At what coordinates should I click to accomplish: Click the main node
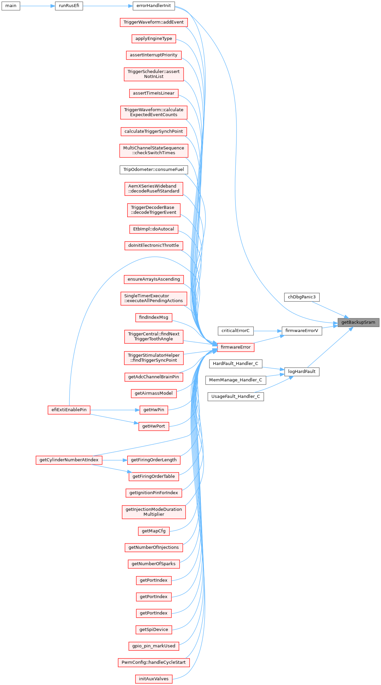[x=11, y=6]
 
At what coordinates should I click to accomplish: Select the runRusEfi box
[x=69, y=6]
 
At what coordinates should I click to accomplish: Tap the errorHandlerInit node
[x=154, y=6]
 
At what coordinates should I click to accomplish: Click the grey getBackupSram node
[x=358, y=322]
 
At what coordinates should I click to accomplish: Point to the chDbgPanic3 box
[x=302, y=297]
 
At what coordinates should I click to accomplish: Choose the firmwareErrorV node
[x=302, y=331]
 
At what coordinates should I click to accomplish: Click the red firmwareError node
[x=235, y=347]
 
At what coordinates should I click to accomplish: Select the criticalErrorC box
[x=235, y=331]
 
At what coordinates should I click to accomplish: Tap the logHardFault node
[x=302, y=372]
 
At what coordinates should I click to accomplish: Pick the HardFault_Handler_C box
[x=235, y=364]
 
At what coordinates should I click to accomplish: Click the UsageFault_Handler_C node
[x=235, y=397]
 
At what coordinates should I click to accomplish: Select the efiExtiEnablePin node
[x=69, y=410]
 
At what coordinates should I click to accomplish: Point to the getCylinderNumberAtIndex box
[x=69, y=460]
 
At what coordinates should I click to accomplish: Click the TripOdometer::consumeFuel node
[x=154, y=170]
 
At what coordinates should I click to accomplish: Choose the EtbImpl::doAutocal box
[x=154, y=229]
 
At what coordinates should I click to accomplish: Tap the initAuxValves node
[x=154, y=679]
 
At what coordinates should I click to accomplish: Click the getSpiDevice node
[x=154, y=629]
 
